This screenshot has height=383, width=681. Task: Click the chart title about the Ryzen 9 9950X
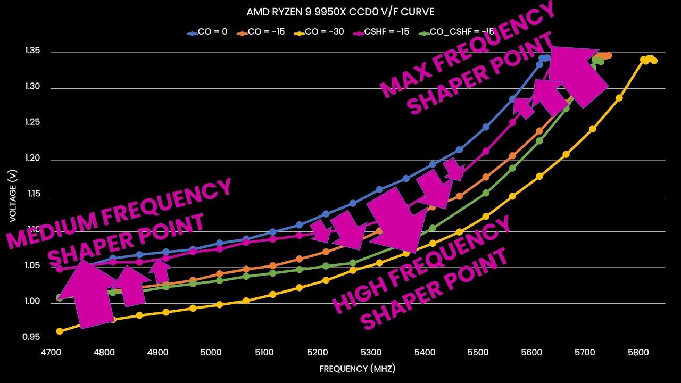(340, 12)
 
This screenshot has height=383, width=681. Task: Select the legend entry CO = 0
(212, 32)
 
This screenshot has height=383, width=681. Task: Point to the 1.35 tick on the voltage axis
(32, 52)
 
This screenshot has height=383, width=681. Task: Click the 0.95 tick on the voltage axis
(32, 337)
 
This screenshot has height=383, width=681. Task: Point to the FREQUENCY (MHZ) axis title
(358, 369)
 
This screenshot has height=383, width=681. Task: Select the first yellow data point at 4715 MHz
(60, 331)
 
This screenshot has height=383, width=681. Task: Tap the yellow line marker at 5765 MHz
(619, 98)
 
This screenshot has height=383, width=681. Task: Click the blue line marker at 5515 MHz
(486, 127)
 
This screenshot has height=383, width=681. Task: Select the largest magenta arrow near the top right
(577, 74)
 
